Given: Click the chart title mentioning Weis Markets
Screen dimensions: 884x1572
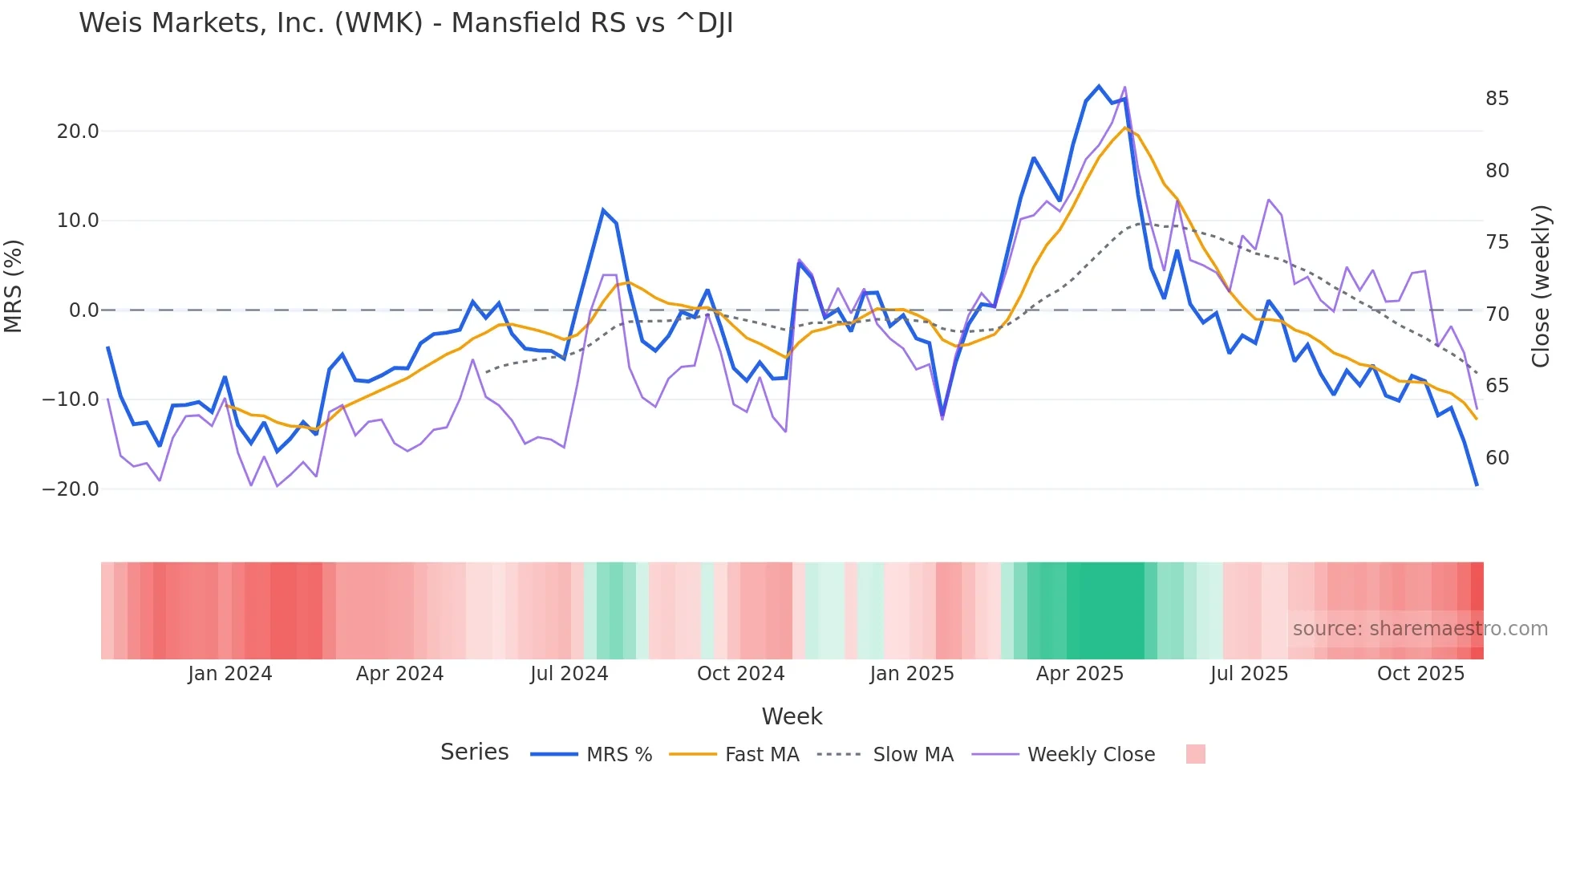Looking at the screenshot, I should [406, 23].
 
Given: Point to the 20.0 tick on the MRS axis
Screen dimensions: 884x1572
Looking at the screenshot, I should [78, 132].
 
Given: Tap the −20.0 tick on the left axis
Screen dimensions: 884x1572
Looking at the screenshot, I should [71, 489].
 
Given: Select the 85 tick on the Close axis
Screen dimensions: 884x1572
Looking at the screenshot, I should [1497, 99].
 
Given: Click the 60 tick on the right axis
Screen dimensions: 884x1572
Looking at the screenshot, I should [1497, 458].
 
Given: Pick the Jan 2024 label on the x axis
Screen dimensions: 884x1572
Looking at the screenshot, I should [230, 674].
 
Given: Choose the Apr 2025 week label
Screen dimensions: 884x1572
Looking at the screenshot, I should [1080, 674].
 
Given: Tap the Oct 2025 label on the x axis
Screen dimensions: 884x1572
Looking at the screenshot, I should [1420, 674].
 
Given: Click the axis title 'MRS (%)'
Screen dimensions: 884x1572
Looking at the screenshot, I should [14, 286].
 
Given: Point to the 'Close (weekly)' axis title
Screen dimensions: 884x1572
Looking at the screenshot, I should [1540, 286].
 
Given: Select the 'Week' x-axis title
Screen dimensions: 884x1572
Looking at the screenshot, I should [792, 716].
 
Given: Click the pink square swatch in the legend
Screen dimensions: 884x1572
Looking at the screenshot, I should [1195, 754].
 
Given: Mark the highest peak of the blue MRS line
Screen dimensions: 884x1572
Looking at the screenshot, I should [1099, 87].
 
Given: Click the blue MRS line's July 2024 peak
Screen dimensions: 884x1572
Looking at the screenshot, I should [603, 210].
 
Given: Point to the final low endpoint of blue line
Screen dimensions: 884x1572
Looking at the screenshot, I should [1477, 485].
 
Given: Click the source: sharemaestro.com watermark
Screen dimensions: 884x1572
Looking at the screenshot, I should [1420, 629].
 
